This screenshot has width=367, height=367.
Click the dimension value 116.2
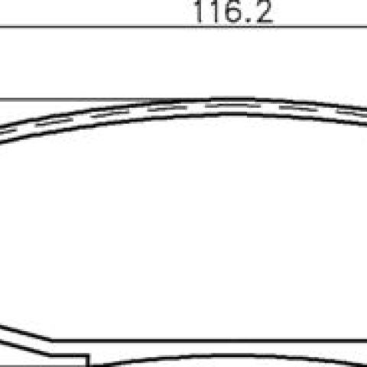click(233, 11)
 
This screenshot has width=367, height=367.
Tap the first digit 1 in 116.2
click(200, 11)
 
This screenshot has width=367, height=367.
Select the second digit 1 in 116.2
click(216, 11)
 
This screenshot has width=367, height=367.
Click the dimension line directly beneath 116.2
click(183, 26)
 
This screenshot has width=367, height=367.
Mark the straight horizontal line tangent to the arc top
click(102, 99)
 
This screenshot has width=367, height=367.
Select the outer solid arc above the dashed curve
click(183, 101)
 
